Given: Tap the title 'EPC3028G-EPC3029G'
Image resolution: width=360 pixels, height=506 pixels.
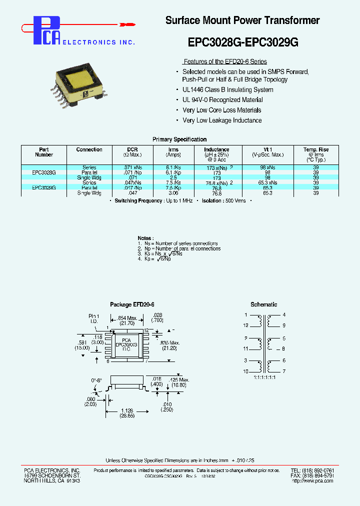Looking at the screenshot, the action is tap(243, 42).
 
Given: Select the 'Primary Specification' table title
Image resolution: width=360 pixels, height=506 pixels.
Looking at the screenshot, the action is tap(179, 139).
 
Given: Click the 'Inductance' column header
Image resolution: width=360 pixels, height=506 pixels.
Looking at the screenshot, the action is tap(216, 149).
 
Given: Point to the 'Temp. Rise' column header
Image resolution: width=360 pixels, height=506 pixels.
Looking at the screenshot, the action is tap(316, 149).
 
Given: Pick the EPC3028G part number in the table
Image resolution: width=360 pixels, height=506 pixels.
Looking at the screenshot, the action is tap(44, 172).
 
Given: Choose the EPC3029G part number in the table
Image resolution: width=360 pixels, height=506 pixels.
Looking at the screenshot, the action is tap(44, 187).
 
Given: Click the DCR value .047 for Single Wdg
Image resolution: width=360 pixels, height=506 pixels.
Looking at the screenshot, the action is tap(132, 193).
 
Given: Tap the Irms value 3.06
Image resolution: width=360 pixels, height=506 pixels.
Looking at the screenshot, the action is tap(173, 193).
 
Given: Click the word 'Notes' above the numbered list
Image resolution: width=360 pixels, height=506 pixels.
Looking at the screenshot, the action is tap(145, 238).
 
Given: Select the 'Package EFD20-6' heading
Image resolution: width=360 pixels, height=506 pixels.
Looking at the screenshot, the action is tap(132, 304).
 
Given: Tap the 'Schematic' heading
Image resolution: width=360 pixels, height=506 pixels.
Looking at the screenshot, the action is tap(263, 304).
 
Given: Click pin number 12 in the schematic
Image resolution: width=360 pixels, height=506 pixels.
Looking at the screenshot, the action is tap(245, 325).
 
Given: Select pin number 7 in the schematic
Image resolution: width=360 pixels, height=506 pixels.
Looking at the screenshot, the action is tap(283, 371).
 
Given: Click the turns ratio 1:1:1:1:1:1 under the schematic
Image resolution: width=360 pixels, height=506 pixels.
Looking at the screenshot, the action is tap(264, 377).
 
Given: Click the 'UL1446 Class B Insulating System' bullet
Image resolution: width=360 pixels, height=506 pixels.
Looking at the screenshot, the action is tap(227, 90).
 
